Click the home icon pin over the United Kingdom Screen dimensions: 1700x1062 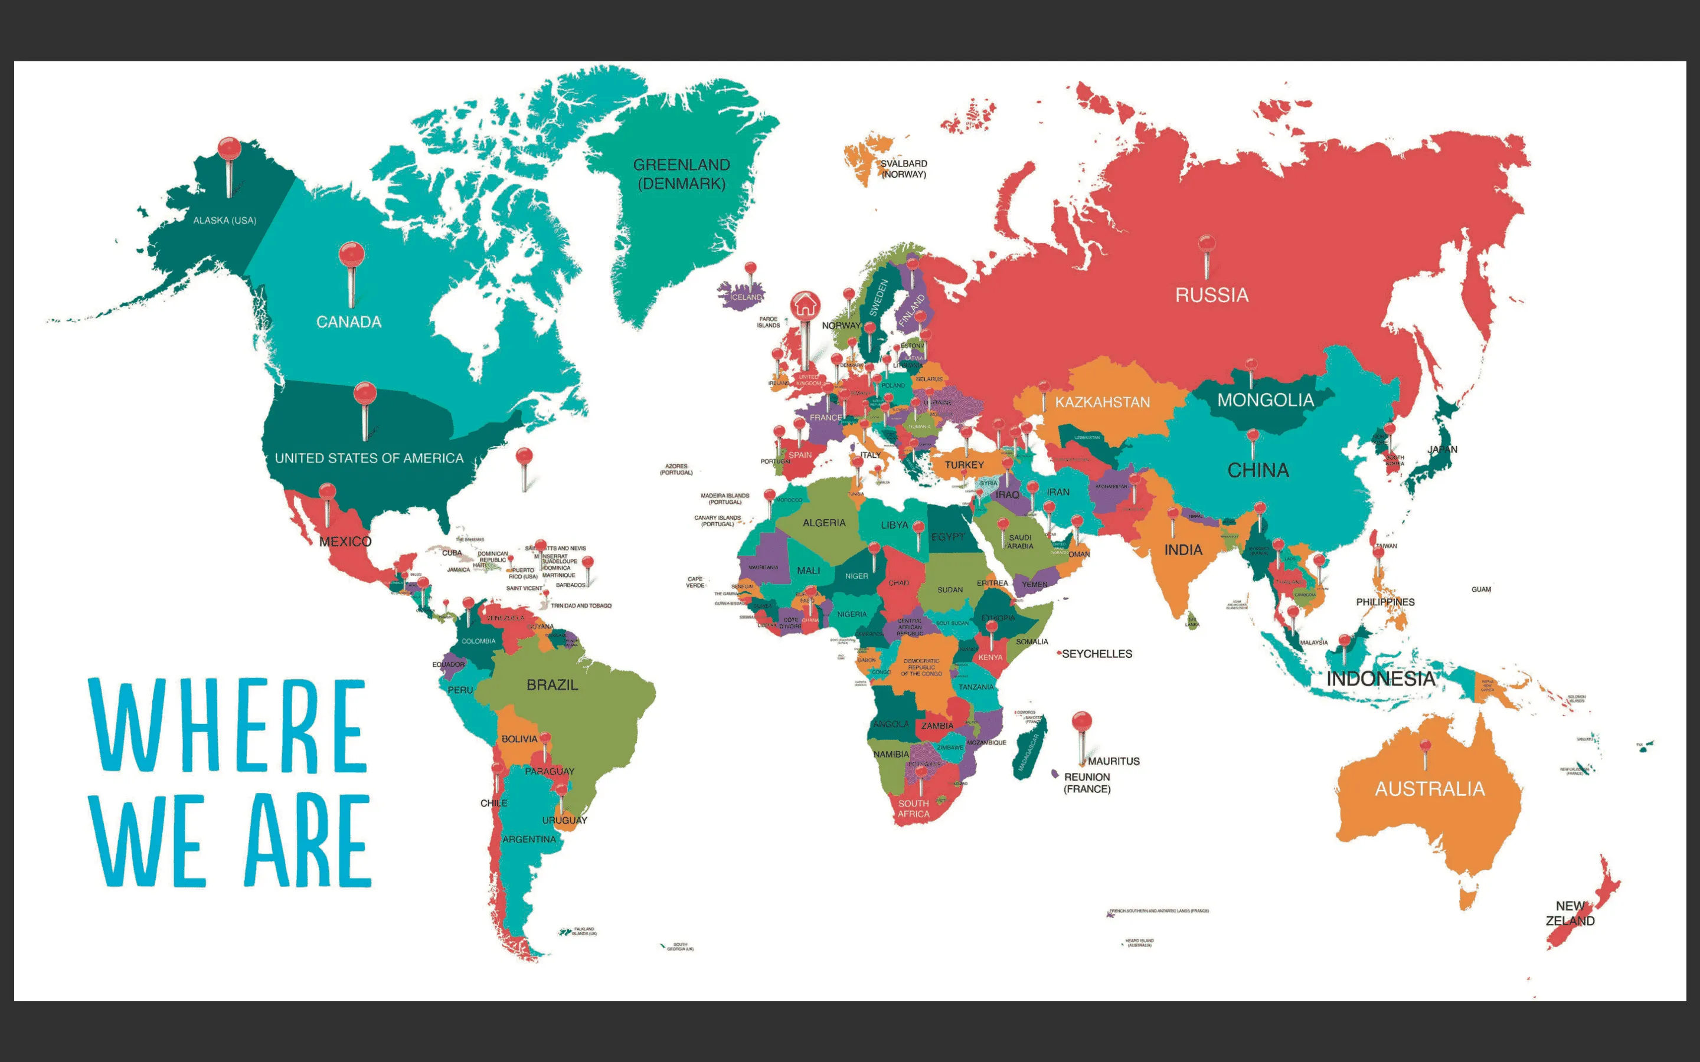[805, 306]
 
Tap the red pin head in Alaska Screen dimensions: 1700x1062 [229, 148]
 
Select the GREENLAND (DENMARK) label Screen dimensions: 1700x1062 [681, 174]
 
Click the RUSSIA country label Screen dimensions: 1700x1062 [1212, 295]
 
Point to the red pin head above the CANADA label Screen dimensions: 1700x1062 [351, 254]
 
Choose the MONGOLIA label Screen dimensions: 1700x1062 [1265, 401]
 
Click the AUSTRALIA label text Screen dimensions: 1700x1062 [1430, 789]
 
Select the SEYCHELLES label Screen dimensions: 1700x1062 [1097, 654]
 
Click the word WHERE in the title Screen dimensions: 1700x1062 [228, 725]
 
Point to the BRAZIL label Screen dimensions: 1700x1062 [552, 685]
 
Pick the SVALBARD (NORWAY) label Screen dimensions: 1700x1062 [904, 169]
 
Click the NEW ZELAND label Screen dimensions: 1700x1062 [1570, 913]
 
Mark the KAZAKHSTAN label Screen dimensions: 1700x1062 [1102, 402]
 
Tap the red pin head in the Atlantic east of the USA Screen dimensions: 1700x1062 [524, 457]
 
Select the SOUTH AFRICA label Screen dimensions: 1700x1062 [913, 808]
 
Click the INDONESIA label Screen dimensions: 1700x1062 [1381, 678]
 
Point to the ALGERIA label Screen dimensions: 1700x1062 [824, 523]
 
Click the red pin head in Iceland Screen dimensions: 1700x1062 [751, 268]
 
